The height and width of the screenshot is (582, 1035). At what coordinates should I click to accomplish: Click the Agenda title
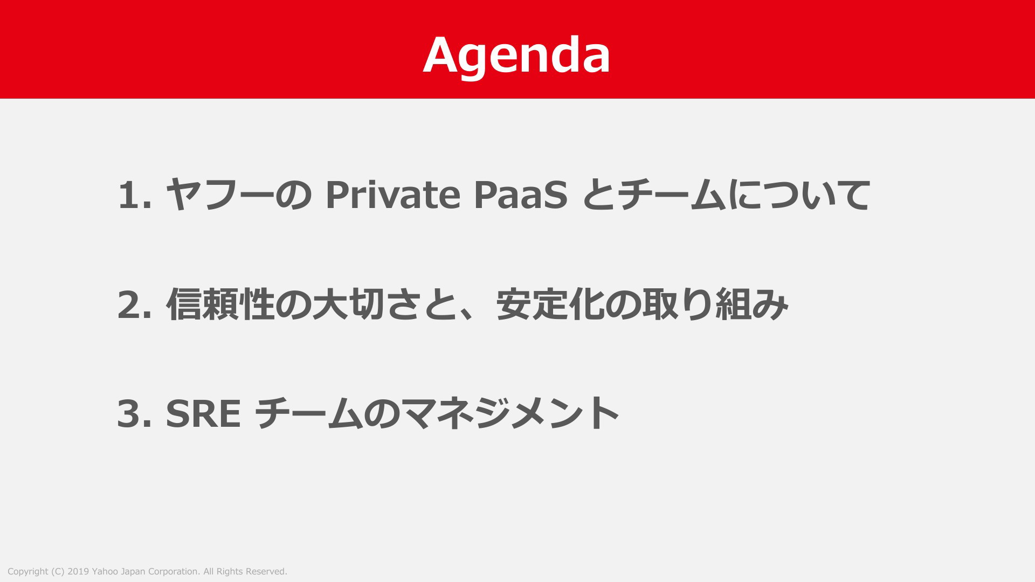pyautogui.click(x=516, y=56)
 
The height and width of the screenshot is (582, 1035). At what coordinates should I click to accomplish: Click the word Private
pyautogui.click(x=393, y=195)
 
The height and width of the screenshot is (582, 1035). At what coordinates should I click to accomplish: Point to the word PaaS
pyautogui.click(x=521, y=195)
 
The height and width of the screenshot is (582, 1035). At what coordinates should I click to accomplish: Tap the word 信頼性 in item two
pyautogui.click(x=220, y=304)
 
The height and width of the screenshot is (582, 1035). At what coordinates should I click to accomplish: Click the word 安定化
pyautogui.click(x=550, y=304)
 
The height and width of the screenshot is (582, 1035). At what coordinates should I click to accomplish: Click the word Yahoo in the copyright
pyautogui.click(x=105, y=571)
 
